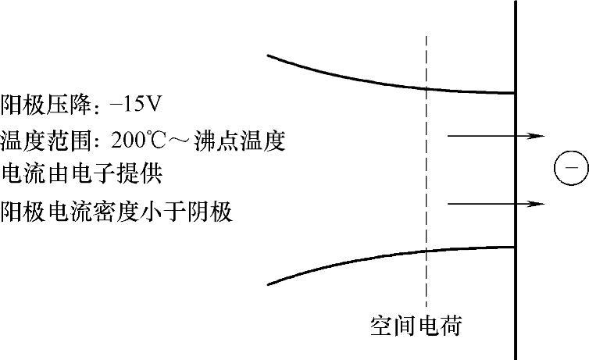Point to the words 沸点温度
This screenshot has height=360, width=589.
(x=249, y=141)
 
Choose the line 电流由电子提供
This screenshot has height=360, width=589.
(x=82, y=173)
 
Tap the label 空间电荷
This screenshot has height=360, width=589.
(x=416, y=324)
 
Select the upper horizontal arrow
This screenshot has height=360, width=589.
(x=494, y=136)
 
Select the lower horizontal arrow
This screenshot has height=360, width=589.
(x=494, y=204)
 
